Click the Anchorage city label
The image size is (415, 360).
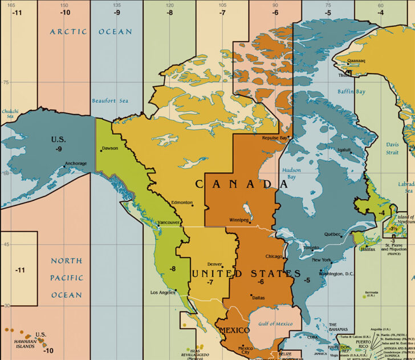76,164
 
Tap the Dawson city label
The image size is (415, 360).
109,148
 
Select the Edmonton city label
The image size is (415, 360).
182,203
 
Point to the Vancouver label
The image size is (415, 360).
169,222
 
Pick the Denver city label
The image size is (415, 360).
214,264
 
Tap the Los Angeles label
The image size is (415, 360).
162,292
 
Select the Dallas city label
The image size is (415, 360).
258,297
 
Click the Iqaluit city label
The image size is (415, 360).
345,150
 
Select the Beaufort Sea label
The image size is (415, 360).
110,101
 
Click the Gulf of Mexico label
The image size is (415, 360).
275,323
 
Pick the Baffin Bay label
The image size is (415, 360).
351,91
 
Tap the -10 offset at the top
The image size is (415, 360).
66,12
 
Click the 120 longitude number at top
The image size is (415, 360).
170,5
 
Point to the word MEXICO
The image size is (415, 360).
235,331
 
